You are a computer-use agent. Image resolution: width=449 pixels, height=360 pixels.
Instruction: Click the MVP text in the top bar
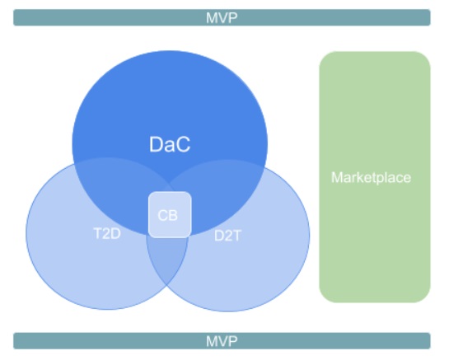pos(222,18)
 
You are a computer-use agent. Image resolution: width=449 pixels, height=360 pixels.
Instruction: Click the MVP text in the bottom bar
pos(222,341)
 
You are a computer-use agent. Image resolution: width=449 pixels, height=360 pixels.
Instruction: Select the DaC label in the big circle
pos(170,144)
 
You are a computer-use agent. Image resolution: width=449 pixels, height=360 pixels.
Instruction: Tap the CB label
pos(168,215)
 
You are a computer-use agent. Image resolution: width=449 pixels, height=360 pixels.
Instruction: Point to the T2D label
pos(107,233)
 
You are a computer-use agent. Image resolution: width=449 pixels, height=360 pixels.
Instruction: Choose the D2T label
pos(228,236)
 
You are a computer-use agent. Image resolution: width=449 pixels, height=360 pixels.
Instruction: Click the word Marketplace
pos(371,178)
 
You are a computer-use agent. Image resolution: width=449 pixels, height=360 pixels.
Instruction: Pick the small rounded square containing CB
pos(170,214)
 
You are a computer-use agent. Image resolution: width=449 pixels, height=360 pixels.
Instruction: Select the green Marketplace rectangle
pos(375,177)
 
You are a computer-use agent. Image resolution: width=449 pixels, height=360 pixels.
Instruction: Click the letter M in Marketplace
pos(337,177)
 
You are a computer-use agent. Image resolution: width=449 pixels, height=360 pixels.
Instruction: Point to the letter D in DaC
pos(156,144)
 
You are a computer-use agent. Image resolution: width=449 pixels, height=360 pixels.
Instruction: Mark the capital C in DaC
pos(183,144)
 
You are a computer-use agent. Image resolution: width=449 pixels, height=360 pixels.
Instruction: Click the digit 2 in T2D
pos(107,233)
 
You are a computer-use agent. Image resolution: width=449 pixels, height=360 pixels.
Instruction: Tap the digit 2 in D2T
pos(228,236)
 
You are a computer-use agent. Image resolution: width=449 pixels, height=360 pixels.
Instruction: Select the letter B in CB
pos(174,215)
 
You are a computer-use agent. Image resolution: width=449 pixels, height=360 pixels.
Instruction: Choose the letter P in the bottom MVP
pos(233,341)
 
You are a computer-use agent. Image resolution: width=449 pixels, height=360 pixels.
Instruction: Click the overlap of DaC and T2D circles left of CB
pos(120,194)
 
